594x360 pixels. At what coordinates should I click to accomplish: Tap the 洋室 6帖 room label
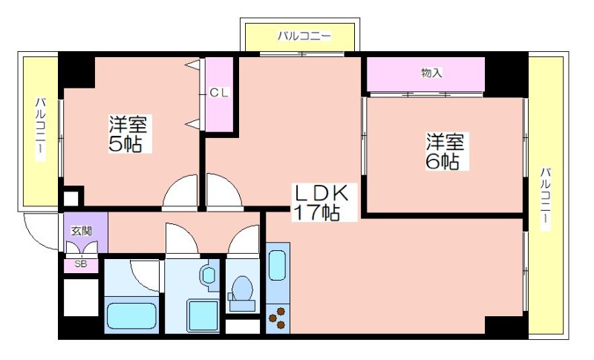[x=446, y=151]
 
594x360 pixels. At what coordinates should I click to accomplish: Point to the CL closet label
[x=219, y=93]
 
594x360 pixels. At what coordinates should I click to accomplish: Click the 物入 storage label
[x=432, y=73]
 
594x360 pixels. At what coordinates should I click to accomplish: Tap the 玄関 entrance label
[x=82, y=231]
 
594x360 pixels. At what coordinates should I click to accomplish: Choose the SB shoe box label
[x=81, y=264]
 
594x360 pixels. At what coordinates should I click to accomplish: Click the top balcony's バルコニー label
[x=304, y=36]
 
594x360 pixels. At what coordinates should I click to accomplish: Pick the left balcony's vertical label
[x=41, y=128]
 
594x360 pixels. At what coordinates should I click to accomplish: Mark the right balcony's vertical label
[x=546, y=198]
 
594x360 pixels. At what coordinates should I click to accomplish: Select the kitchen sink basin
[x=278, y=265]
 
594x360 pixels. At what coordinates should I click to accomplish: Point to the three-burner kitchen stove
[x=278, y=318]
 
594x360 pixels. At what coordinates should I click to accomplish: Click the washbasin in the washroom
[x=209, y=275]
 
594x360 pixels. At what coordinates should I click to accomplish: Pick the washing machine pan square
[x=203, y=316]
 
